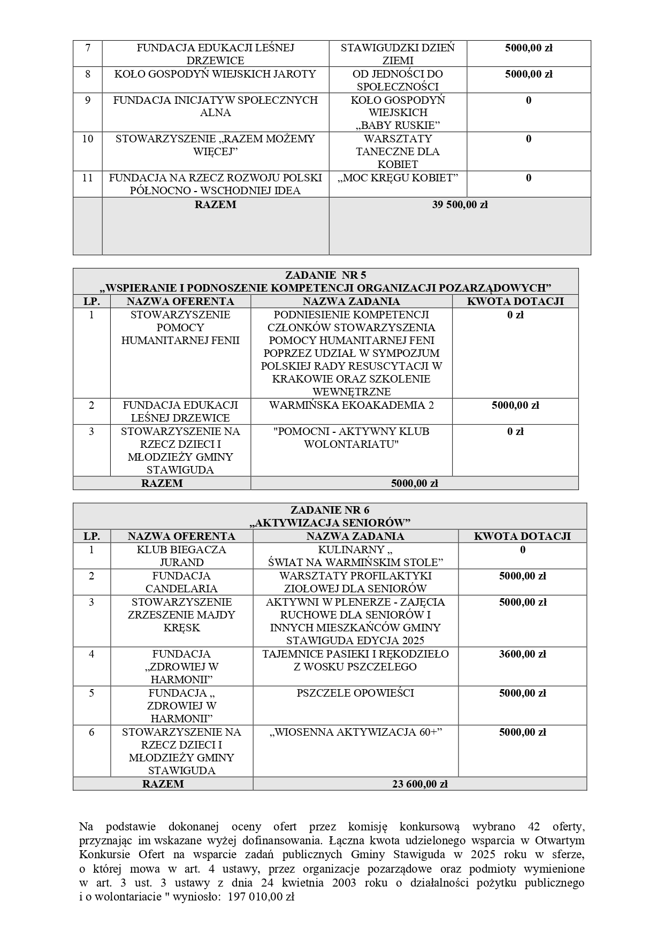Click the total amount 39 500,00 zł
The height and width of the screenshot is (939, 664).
460,204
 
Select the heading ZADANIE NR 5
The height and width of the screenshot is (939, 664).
325,275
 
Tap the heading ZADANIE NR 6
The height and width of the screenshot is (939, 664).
330,510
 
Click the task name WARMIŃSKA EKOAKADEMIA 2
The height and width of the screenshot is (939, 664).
351,406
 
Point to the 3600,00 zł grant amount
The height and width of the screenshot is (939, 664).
522,654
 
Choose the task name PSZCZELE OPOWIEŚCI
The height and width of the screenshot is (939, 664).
355,693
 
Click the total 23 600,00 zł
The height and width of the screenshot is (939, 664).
419,784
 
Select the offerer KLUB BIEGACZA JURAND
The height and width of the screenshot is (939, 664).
181,556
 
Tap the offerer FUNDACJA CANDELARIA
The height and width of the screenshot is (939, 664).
181,582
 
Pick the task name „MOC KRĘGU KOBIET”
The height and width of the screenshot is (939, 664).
398,178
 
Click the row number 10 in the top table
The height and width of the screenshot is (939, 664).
87,139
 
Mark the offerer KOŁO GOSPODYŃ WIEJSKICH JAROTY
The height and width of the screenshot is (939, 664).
215,74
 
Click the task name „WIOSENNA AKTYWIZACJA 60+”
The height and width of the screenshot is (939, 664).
356,732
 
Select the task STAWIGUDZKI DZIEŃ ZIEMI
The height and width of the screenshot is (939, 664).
398,54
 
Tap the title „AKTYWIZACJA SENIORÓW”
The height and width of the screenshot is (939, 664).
330,523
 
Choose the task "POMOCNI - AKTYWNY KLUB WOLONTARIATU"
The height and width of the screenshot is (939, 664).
351,438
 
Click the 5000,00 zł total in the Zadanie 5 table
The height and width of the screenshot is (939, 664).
414,483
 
